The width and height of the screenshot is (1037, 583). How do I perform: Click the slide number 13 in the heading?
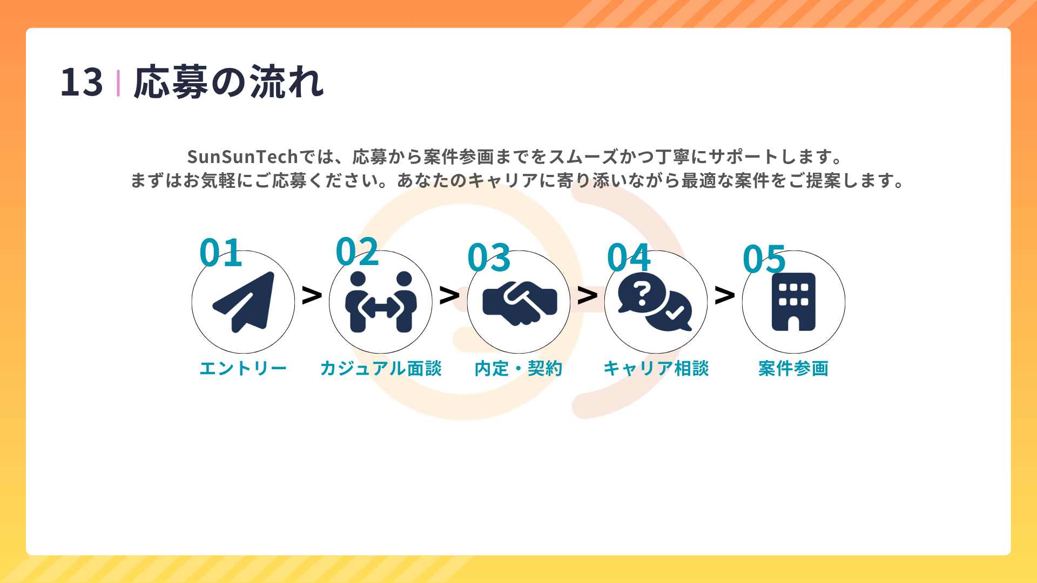(x=82, y=83)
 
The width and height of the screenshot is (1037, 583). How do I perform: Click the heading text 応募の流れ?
(x=229, y=82)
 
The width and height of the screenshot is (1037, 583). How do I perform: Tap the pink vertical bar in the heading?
(x=118, y=83)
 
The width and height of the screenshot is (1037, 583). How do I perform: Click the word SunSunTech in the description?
(x=243, y=157)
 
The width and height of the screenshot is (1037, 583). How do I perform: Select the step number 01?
(x=220, y=252)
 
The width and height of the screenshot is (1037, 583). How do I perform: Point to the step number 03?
(x=489, y=257)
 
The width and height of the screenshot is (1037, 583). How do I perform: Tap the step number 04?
(x=629, y=257)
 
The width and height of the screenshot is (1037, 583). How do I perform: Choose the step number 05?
(x=764, y=259)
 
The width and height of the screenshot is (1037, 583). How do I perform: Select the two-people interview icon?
(x=381, y=302)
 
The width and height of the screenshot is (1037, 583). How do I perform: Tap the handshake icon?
(x=520, y=303)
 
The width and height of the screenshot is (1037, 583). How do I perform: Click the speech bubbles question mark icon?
(x=655, y=302)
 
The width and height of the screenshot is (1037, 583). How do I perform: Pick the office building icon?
(x=793, y=302)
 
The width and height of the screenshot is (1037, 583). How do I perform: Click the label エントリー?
(x=243, y=368)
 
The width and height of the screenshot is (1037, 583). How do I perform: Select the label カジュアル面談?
(x=381, y=368)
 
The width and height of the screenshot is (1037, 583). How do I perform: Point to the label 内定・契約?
(x=518, y=368)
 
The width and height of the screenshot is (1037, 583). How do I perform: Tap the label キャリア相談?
(x=656, y=368)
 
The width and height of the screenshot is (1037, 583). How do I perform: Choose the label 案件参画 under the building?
(x=793, y=368)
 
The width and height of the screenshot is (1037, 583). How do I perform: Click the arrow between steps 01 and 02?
(x=312, y=295)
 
